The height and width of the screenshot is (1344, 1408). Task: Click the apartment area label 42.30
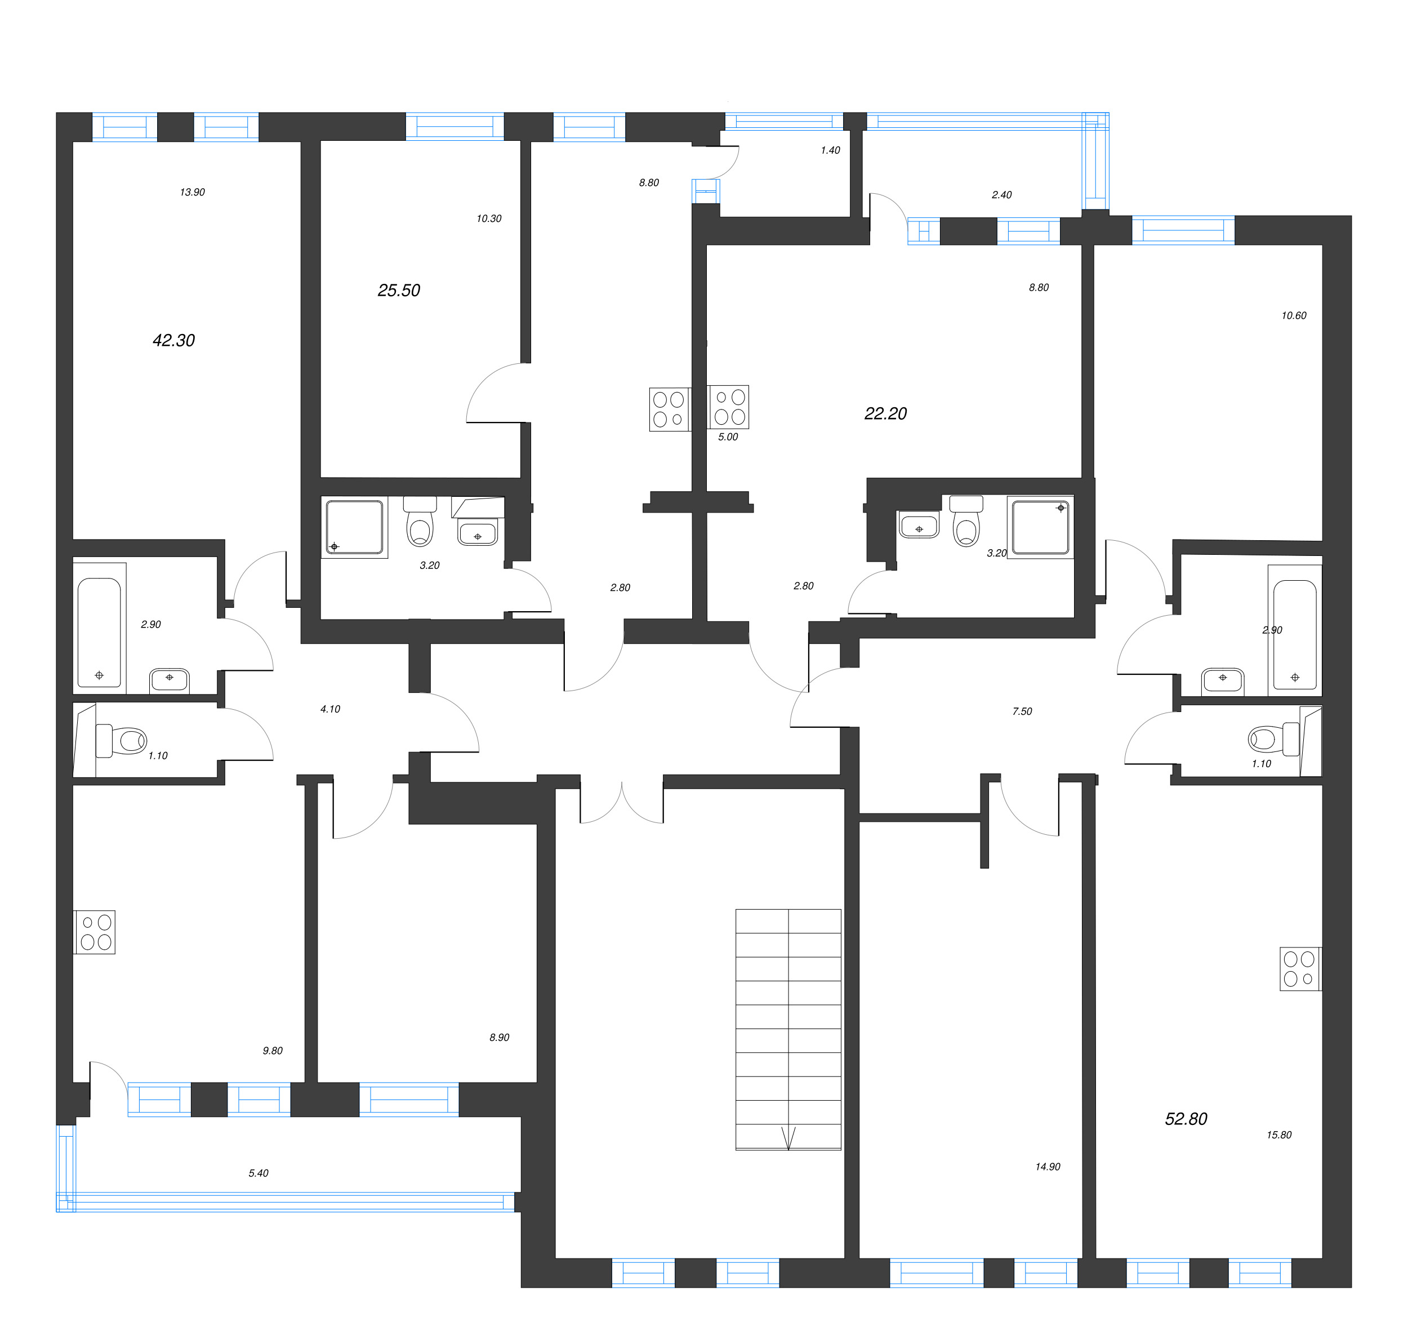(173, 340)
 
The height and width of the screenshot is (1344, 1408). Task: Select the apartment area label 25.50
(399, 290)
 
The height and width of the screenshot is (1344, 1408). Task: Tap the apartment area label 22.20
(885, 413)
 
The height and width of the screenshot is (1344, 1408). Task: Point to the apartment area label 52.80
(1186, 1118)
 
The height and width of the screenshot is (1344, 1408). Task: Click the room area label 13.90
(192, 192)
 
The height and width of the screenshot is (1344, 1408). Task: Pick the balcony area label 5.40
(259, 1173)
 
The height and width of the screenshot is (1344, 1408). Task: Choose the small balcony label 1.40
(830, 150)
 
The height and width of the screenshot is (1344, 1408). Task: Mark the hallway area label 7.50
(1022, 711)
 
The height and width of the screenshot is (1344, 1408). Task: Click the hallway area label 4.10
(330, 709)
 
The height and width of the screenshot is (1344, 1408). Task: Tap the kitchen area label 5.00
(728, 437)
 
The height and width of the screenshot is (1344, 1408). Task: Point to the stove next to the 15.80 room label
(1299, 969)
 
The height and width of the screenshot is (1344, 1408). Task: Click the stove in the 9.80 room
(95, 931)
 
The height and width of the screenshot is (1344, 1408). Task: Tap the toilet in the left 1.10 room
(122, 740)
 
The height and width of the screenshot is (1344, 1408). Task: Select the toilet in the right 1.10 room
(1273, 738)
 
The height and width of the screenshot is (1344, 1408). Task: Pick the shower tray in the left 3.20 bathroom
(354, 527)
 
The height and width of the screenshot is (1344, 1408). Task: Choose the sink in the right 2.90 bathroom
(1223, 680)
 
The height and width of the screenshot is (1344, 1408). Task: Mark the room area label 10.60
(1294, 315)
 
